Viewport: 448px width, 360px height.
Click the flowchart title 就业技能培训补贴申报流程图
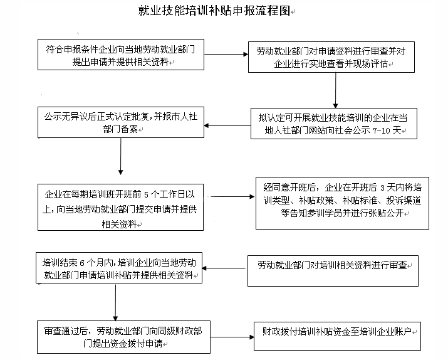214,11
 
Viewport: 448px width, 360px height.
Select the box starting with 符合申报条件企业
121,55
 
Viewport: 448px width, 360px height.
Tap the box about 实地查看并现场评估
331,57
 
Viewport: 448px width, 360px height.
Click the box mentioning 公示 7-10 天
334,124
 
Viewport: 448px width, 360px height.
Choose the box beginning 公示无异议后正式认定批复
121,122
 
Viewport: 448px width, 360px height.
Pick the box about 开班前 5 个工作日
120,208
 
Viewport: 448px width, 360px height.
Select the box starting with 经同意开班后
342,203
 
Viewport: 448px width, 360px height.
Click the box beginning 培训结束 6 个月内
119,268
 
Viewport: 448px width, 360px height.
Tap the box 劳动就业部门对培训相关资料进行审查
333,271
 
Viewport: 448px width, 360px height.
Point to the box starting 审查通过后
123,337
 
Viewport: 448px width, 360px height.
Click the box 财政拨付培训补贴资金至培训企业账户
337,336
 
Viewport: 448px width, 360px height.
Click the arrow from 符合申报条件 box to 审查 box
226,55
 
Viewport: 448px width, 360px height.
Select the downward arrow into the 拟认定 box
335,90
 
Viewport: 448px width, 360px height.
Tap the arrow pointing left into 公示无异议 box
227,125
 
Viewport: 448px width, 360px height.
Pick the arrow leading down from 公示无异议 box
120,156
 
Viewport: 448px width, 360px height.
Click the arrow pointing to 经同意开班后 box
232,197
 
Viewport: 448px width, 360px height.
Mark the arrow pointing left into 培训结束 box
224,268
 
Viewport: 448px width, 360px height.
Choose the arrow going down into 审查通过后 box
115,302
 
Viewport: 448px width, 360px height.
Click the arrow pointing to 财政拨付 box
232,337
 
